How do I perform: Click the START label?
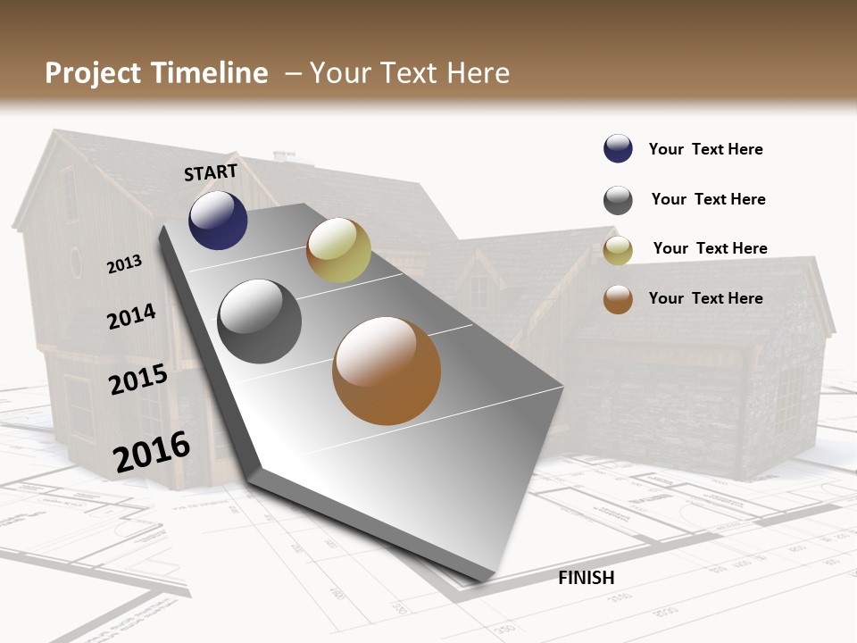point(211,172)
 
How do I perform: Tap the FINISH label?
point(586,578)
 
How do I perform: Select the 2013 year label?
point(125,264)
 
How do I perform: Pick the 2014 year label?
point(132,316)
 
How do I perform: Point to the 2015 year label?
point(138,380)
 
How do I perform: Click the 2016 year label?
point(152,451)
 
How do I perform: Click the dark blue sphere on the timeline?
point(218,221)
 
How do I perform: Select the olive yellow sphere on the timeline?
point(338,250)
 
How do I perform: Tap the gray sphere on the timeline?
point(259,321)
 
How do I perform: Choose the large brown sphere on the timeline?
point(387,371)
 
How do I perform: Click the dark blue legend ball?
point(618,148)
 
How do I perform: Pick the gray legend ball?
point(618,200)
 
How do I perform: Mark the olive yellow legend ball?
point(618,251)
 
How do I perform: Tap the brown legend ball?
point(618,299)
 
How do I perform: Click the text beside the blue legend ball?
point(705,149)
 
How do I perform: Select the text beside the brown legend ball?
point(705,298)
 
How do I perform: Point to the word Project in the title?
point(94,73)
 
